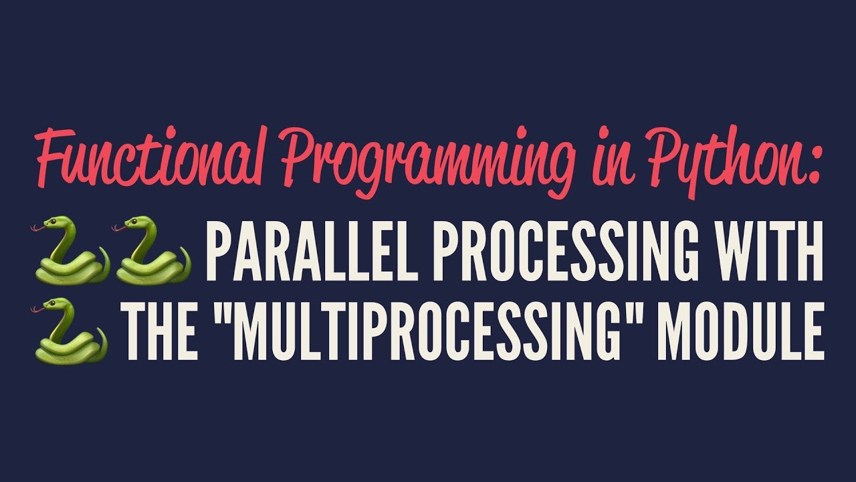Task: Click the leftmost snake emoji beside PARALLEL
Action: click(x=70, y=251)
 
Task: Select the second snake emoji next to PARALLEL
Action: click(x=152, y=251)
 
